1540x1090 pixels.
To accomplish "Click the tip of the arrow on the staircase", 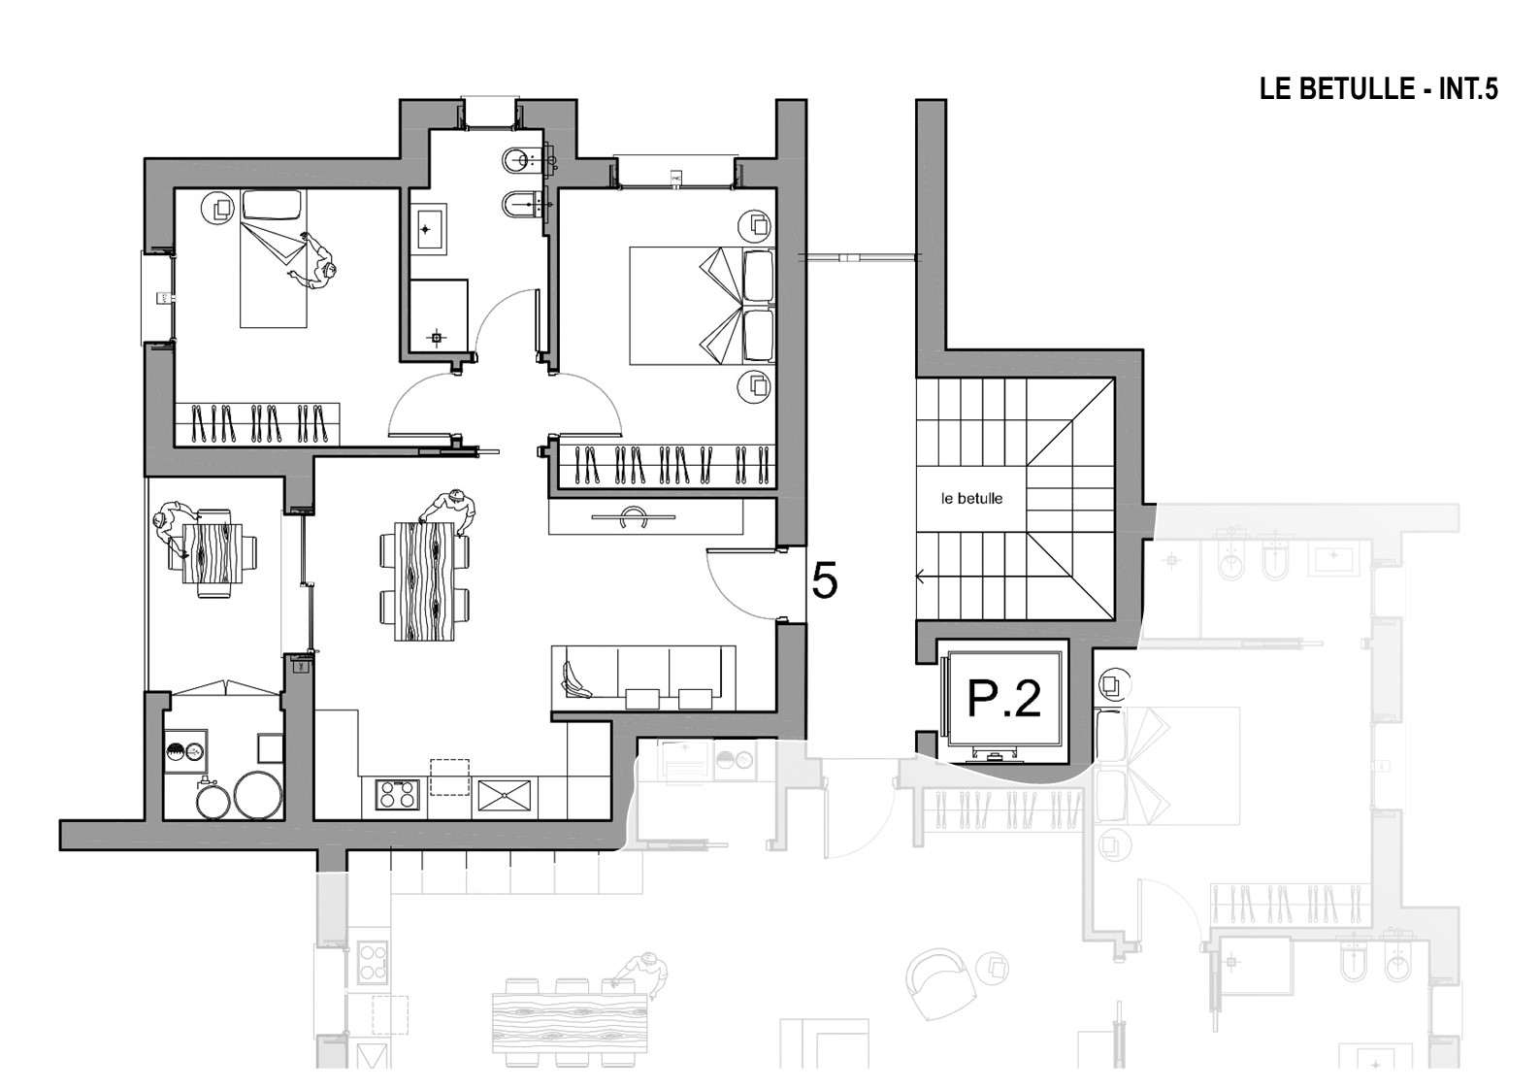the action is pyautogui.click(x=917, y=578).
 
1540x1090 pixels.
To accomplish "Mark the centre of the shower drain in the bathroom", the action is pyautogui.click(x=436, y=338).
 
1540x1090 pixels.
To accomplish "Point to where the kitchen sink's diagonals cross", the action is pyautogui.click(x=505, y=796).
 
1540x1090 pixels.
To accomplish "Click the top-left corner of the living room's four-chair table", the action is pyautogui.click(x=395, y=522).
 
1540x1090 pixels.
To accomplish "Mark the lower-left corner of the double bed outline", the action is pyautogui.click(x=630, y=364).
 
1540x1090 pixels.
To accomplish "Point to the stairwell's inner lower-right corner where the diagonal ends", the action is pyautogui.click(x=1114, y=620).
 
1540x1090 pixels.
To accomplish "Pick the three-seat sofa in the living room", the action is pyautogui.click(x=643, y=677).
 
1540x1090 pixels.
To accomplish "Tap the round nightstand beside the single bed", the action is pyautogui.click(x=218, y=208).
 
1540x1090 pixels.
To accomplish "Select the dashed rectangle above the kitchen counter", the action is pyautogui.click(x=449, y=777).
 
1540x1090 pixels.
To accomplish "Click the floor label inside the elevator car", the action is pyautogui.click(x=1004, y=699).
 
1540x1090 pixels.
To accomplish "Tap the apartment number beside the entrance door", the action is pyautogui.click(x=825, y=581).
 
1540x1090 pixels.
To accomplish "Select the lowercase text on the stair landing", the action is pyautogui.click(x=972, y=499).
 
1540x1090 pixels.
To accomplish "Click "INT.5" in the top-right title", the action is pyautogui.click(x=1468, y=90).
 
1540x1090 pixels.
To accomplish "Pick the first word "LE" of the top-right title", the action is pyautogui.click(x=1272, y=90).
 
